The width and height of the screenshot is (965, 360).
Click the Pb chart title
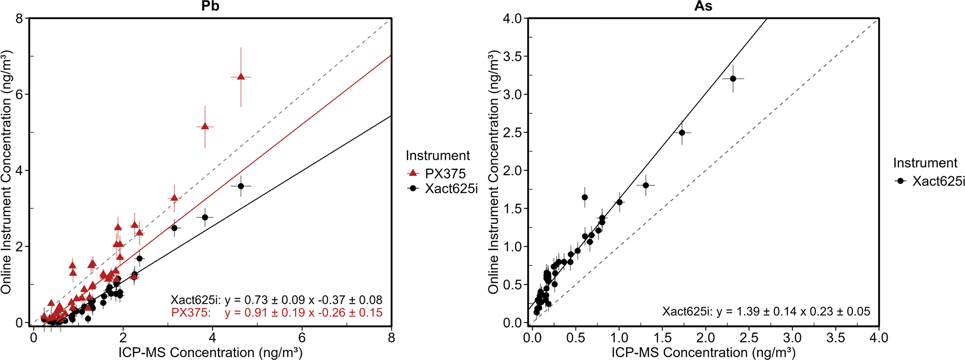[x=210, y=6]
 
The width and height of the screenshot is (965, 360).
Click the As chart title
[x=703, y=6]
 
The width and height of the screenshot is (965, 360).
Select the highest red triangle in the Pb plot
[x=241, y=77]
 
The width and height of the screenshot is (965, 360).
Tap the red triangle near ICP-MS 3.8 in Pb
[x=205, y=127]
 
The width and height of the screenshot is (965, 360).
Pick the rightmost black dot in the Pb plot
[x=241, y=186]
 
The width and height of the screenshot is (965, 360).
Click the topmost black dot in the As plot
[x=733, y=79]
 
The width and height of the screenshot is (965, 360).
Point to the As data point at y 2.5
[x=682, y=133]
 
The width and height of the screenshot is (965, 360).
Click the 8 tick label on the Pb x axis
[x=391, y=338]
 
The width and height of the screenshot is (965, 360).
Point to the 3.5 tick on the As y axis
[x=512, y=57]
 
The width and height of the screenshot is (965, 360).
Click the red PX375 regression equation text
[x=276, y=313]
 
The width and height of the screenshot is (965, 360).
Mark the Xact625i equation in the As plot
[x=766, y=311]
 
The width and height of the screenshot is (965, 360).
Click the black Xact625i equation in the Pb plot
[x=276, y=300]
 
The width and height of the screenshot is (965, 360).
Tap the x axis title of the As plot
[x=703, y=352]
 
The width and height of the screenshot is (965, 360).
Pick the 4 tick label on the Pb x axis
[x=212, y=338]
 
